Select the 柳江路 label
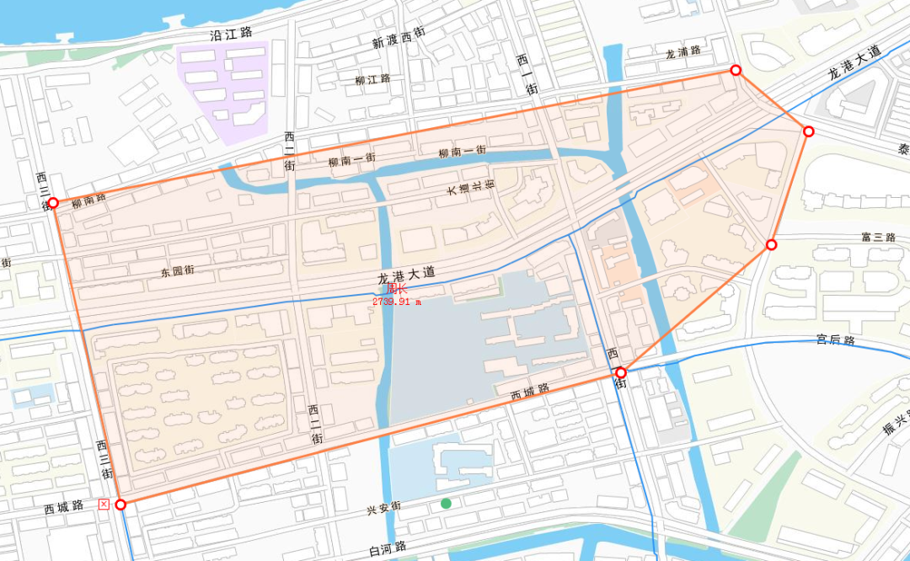[x=373, y=79]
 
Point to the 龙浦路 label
[x=682, y=51]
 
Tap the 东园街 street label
[x=177, y=271]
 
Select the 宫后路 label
[x=835, y=340]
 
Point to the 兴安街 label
[x=383, y=509]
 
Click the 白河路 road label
[x=388, y=548]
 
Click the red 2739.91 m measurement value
[x=396, y=301]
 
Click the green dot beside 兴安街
[x=446, y=504]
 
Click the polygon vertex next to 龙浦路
[x=736, y=71]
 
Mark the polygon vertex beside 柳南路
[x=53, y=203]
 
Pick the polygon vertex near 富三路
[x=771, y=245]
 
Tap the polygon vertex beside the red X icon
[x=120, y=505]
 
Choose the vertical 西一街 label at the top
[x=522, y=75]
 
